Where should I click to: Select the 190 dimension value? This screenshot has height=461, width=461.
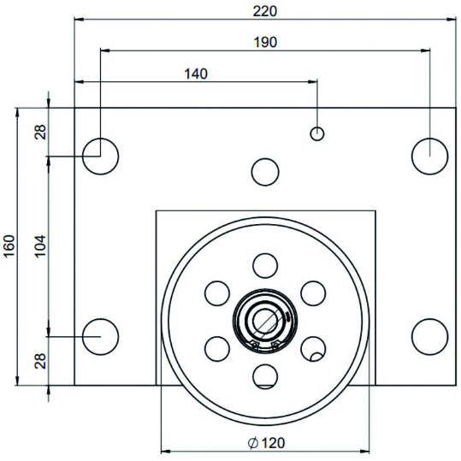(266, 42)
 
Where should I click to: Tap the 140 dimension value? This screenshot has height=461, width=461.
(196, 74)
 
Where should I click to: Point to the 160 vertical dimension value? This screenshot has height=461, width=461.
(9, 247)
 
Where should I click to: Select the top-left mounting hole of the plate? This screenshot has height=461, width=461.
(100, 156)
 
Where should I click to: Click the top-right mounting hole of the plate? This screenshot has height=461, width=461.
(429, 156)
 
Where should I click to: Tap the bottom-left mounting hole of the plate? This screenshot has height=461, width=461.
(100, 336)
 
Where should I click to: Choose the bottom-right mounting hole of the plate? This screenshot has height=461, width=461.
(429, 336)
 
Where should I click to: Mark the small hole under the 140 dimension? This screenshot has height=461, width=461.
(317, 133)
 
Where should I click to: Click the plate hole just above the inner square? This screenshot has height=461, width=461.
(265, 172)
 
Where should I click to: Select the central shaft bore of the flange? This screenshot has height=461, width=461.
(265, 321)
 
